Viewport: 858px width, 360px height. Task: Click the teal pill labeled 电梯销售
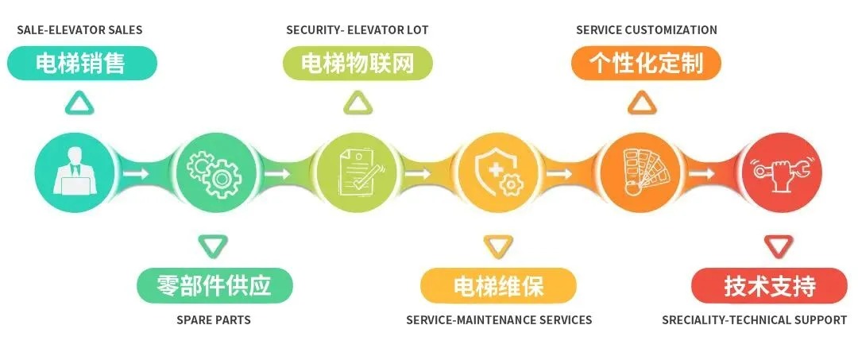pos(82,64)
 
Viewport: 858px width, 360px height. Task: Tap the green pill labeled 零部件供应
pos(214,285)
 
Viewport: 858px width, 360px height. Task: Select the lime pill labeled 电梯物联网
pos(357,64)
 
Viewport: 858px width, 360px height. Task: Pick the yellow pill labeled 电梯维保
pos(498,285)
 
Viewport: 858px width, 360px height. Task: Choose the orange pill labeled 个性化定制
pos(646,64)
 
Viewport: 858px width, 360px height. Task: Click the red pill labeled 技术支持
pos(770,285)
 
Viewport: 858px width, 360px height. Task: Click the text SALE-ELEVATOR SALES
pos(80,29)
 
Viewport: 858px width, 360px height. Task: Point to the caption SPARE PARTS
pos(214,319)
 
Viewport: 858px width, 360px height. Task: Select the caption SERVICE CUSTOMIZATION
pos(647,29)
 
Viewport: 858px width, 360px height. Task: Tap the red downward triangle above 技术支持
pos(779,246)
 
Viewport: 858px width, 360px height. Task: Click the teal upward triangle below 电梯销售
pos(79,104)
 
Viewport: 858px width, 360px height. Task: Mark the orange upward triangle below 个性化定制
pos(642,104)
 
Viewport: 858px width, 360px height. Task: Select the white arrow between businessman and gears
pos(135,173)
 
